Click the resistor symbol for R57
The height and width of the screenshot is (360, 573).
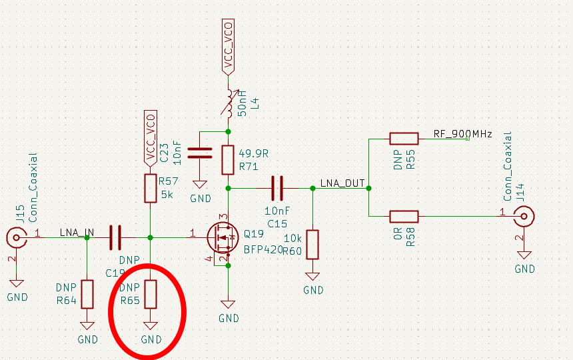(x=151, y=189)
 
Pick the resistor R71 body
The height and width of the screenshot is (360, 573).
(x=228, y=159)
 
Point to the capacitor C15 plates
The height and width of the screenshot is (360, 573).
(x=277, y=189)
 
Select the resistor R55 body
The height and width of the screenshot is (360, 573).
(x=404, y=139)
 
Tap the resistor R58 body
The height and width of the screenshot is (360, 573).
(x=404, y=216)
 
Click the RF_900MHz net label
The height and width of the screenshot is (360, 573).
(x=462, y=134)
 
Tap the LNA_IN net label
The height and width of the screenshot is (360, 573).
(x=77, y=232)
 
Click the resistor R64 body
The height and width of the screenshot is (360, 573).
(x=87, y=293)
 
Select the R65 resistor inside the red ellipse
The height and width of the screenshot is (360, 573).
(x=151, y=293)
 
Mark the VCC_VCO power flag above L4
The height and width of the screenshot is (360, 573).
(x=228, y=47)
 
